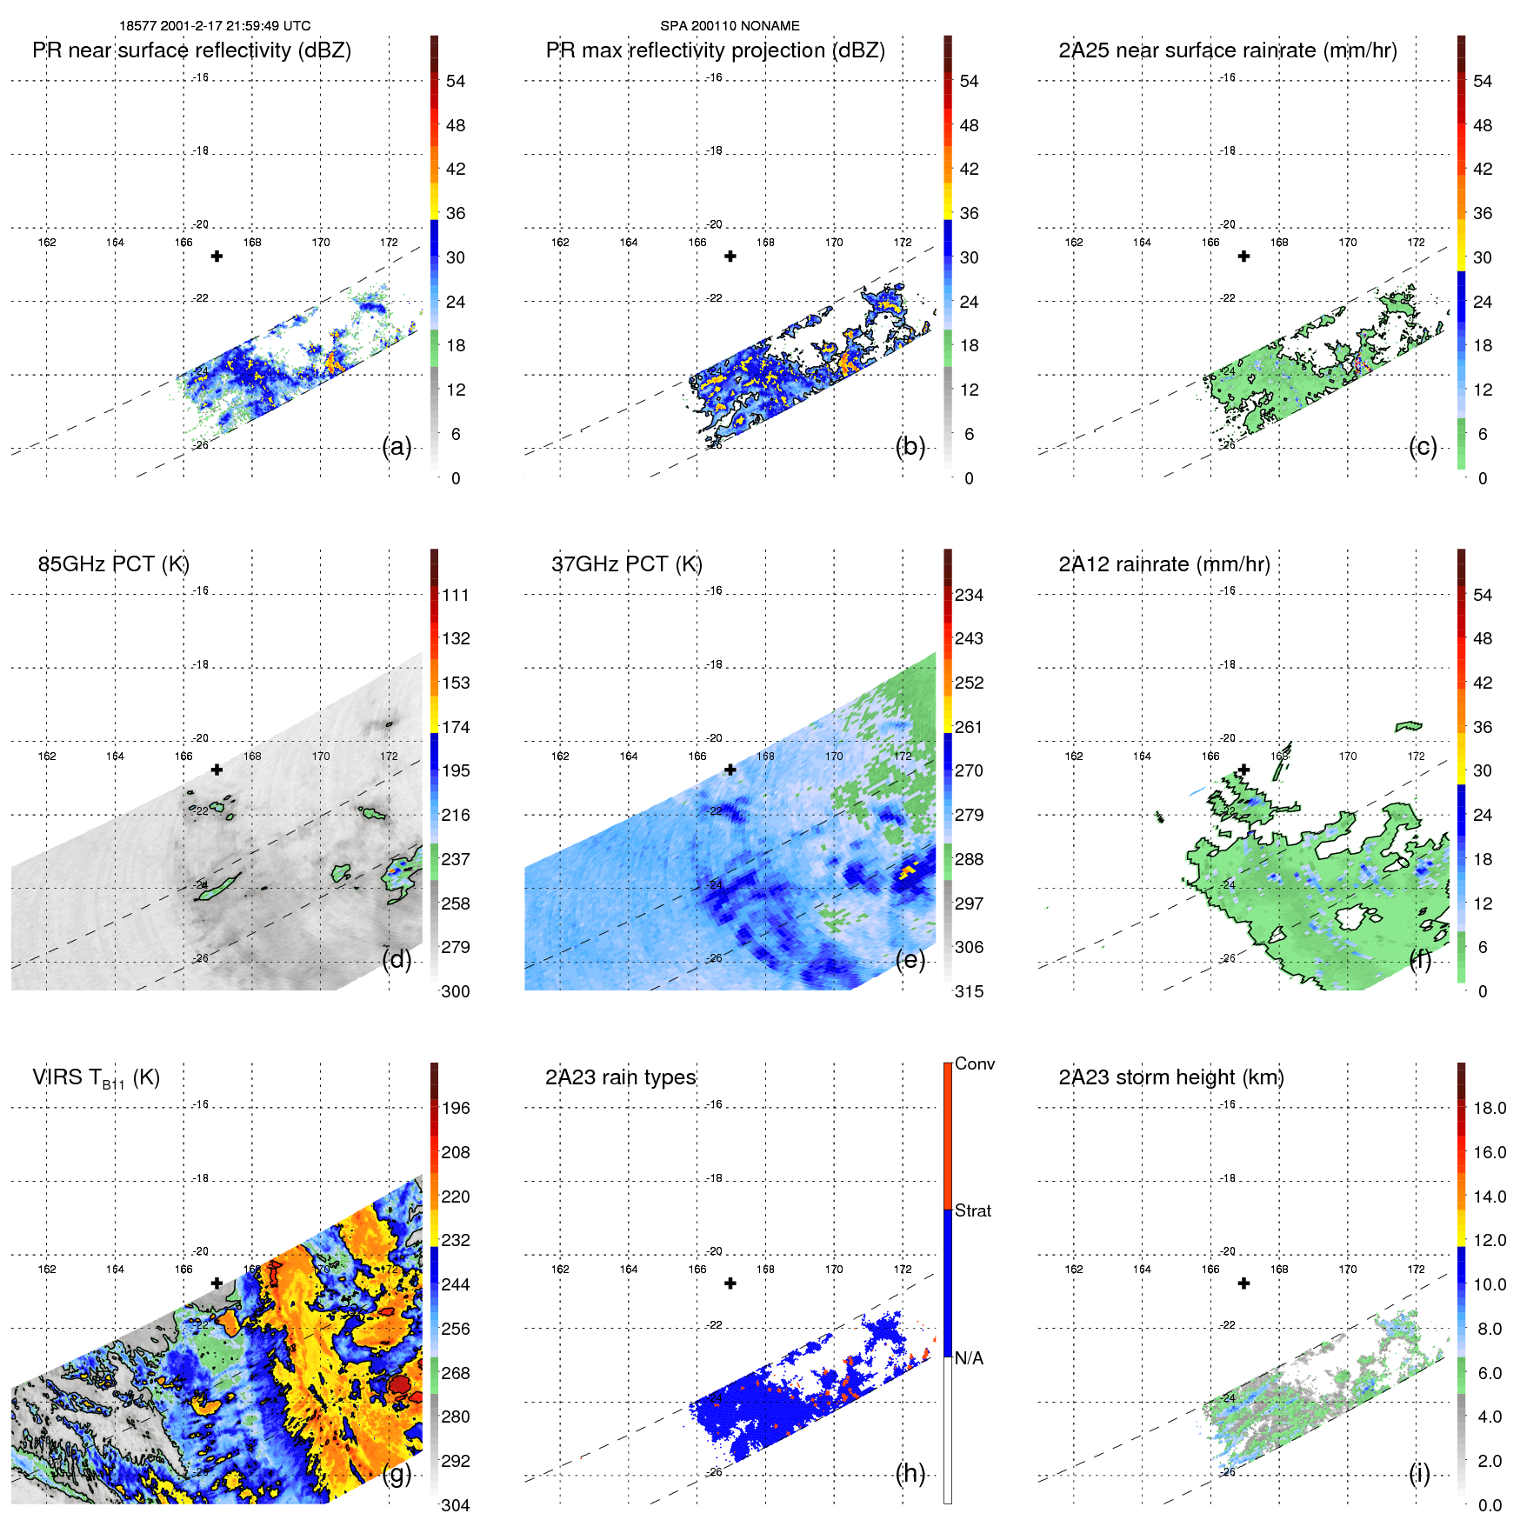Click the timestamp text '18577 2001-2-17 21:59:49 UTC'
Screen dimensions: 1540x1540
[x=215, y=26]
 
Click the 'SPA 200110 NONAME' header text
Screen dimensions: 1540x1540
[x=730, y=26]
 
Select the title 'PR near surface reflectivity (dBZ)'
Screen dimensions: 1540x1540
[x=191, y=50]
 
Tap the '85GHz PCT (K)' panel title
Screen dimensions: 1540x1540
[x=113, y=564]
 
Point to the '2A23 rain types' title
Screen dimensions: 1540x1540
[x=620, y=1077]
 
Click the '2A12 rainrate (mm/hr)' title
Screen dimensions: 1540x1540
[x=1163, y=564]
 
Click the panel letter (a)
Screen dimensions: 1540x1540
[x=397, y=447]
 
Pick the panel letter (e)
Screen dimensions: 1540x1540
[x=910, y=960]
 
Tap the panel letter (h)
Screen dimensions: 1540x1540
[x=910, y=1473]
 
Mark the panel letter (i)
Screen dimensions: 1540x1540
[x=1419, y=1473]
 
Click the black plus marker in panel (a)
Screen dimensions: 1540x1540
[x=217, y=257]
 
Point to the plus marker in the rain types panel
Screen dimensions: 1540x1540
[x=730, y=1283]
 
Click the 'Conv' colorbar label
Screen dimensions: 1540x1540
[x=974, y=1064]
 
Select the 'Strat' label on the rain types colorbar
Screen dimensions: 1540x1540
[x=972, y=1211]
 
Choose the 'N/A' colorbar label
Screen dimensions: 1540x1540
[x=969, y=1358]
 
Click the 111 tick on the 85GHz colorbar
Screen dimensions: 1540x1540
[x=456, y=596]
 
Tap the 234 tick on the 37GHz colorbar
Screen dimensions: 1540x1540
[x=969, y=596]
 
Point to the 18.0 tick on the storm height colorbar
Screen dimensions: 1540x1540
[x=1489, y=1109]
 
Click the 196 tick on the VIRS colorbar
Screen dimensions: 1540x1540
[x=456, y=1109]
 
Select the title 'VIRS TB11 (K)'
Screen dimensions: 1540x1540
[x=96, y=1078]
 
